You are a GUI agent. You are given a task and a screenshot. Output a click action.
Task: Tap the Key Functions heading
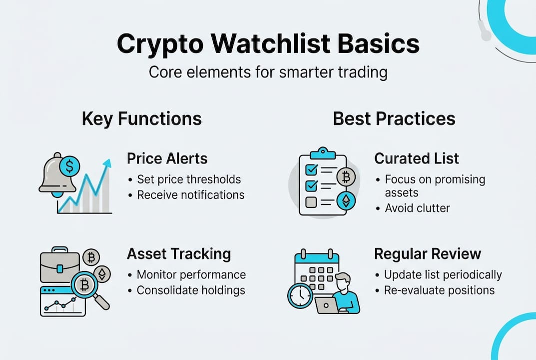pos(141,118)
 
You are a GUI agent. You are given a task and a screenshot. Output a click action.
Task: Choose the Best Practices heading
pos(394,118)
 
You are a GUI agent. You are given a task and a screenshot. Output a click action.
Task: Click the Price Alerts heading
pos(167,158)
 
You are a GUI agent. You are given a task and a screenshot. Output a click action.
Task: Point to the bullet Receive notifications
pos(190,194)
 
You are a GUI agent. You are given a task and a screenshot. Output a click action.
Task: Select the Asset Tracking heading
pos(178,253)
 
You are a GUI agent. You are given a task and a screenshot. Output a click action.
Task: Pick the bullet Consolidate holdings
pos(191,290)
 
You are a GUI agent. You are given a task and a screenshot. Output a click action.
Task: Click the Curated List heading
pos(416,158)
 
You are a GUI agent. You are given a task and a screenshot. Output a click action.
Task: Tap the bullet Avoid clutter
pos(417,207)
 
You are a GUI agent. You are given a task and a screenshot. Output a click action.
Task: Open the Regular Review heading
pos(427,253)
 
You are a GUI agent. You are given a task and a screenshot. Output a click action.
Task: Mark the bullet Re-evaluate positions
pos(439,290)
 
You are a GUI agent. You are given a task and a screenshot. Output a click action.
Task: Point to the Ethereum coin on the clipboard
pos(346,201)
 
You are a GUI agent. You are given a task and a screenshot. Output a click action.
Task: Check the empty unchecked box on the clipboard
pos(310,202)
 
